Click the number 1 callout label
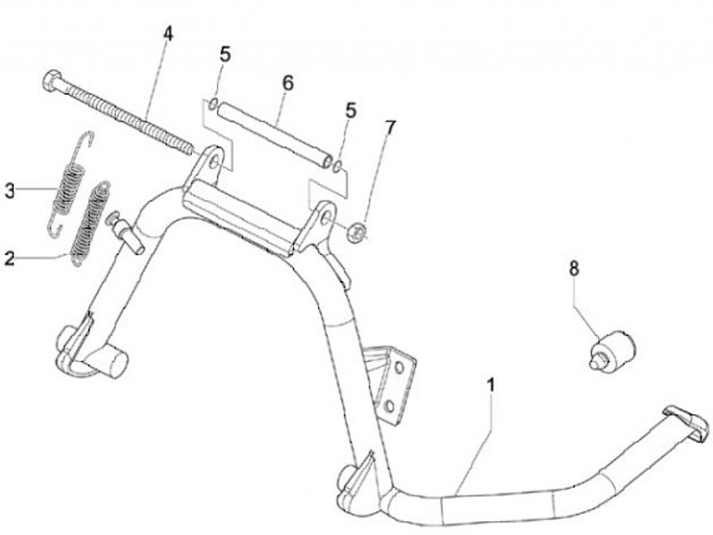click(x=491, y=381)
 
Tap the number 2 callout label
click(x=10, y=260)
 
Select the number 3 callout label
click(x=10, y=191)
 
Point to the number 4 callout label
click(x=167, y=34)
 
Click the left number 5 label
click(x=225, y=54)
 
